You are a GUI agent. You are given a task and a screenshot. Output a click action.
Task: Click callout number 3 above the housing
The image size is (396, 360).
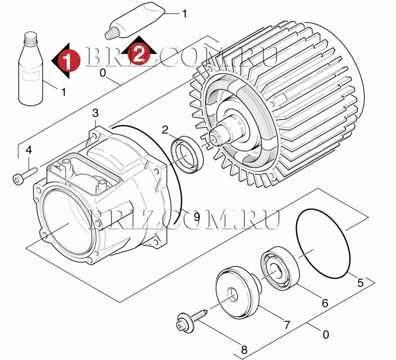coord(95,114)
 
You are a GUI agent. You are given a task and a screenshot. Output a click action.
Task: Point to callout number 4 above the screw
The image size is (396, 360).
coord(29,150)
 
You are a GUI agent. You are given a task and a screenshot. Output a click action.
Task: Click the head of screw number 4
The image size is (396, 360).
coord(18,179)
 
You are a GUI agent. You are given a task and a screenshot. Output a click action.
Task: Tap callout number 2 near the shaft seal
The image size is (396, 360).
coord(165,130)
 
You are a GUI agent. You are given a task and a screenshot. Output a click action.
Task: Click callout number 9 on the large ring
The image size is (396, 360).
coord(196,216)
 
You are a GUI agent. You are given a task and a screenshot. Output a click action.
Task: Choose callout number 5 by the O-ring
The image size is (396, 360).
coord(360,283)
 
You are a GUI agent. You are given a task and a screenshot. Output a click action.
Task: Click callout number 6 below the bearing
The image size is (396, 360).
coord(325,303)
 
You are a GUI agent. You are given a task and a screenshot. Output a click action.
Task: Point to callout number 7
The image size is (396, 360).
coord(286,325)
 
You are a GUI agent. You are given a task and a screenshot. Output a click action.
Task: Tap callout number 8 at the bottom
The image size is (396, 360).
coord(244,350)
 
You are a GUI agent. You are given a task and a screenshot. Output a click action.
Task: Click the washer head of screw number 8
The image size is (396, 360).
coord(186,323)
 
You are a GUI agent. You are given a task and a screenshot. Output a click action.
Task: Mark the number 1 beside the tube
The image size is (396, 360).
coord(185,13)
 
